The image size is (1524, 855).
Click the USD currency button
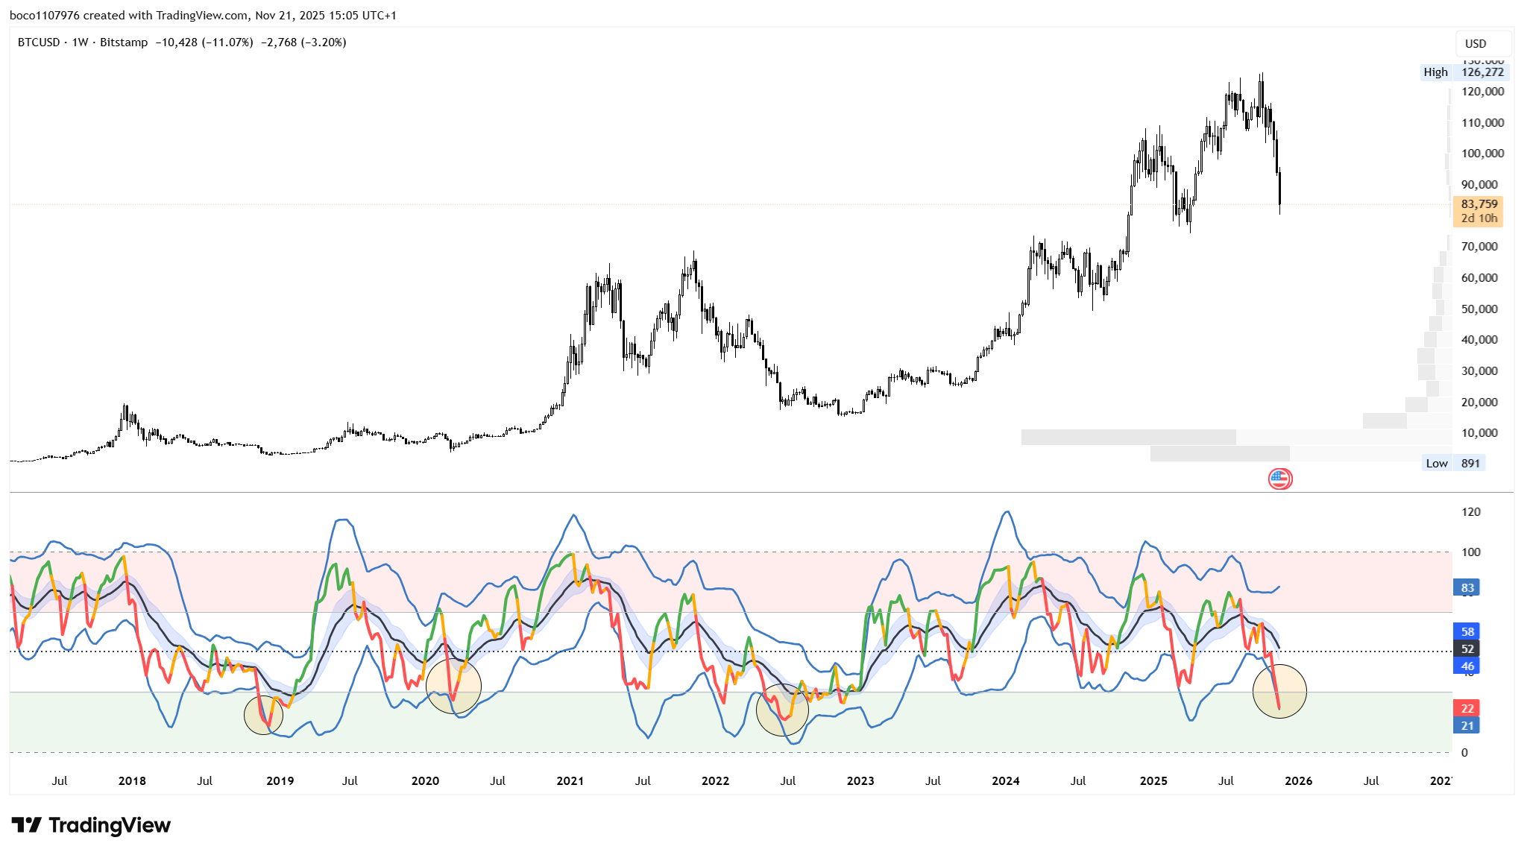click(1476, 43)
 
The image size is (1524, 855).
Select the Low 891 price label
click(1453, 463)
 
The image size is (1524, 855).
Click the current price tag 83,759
click(1479, 204)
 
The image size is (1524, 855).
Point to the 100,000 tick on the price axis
click(1482, 154)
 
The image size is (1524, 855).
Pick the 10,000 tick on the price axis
click(1479, 432)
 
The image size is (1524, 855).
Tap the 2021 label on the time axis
click(570, 780)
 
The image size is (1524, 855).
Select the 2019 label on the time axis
click(280, 780)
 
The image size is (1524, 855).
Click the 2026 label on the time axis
click(1298, 780)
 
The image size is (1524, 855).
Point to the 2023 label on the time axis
click(860, 780)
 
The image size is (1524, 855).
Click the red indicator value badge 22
click(1467, 708)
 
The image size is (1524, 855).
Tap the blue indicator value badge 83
click(1467, 587)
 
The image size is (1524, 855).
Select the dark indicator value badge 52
click(1467, 649)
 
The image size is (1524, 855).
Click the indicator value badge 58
click(1467, 631)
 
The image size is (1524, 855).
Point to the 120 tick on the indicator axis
click(1471, 512)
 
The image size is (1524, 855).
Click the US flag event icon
click(1280, 479)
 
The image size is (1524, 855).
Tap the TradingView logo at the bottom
click(91, 825)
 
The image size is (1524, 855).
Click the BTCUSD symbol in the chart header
click(39, 42)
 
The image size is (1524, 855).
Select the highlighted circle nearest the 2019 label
click(264, 715)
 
